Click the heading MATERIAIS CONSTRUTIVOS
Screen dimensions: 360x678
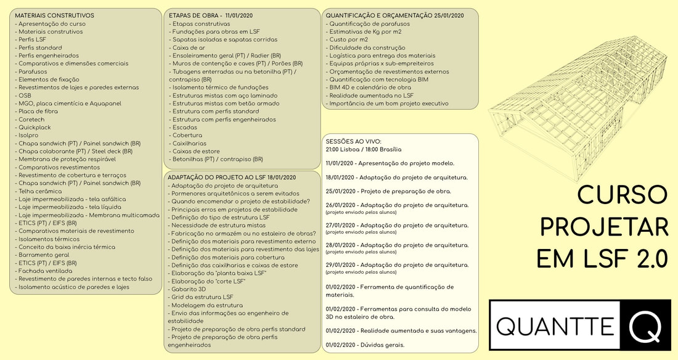pyautogui.click(x=54, y=15)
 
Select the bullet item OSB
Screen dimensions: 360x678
pyautogui.click(x=25, y=96)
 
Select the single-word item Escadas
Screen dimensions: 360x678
pyautogui.click(x=186, y=128)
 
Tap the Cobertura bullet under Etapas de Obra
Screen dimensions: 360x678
pyautogui.click(x=189, y=136)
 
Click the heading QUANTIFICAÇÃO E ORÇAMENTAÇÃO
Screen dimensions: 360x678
pyautogui.click(x=394, y=15)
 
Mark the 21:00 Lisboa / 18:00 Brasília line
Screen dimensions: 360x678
pyautogui.click(x=364, y=149)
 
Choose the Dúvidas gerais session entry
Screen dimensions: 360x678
pyautogui.click(x=366, y=345)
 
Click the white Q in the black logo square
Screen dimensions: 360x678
pyautogui.click(x=645, y=324)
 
